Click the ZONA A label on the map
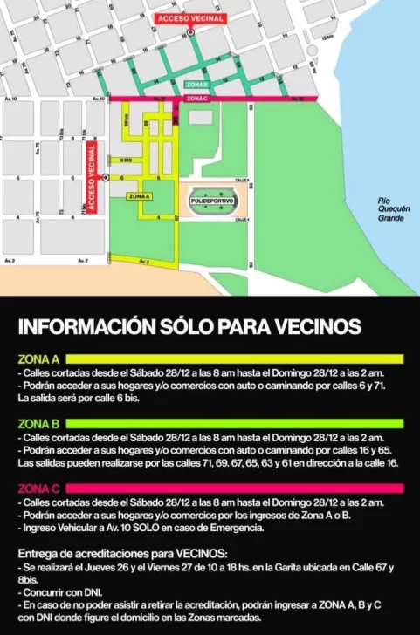click(x=140, y=197)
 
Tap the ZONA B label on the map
click(x=197, y=85)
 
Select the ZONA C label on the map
click(x=197, y=99)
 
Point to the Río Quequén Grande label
click(x=390, y=209)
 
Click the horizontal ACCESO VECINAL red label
click(x=190, y=18)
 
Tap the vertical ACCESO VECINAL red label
click(x=91, y=180)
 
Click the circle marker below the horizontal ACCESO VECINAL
click(x=190, y=32)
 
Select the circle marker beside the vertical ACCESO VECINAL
click(x=105, y=177)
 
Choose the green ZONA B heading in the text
click(x=38, y=423)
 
